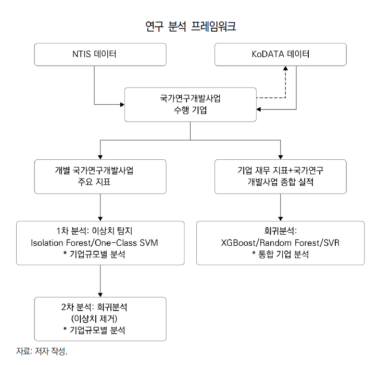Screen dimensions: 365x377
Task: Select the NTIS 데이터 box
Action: pos(100,55)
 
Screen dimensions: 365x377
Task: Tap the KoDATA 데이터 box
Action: pos(281,55)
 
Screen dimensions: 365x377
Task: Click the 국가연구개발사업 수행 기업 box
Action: pos(190,104)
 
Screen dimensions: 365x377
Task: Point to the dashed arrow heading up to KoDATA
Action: pos(285,83)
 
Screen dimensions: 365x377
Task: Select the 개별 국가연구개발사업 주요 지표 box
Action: pos(100,177)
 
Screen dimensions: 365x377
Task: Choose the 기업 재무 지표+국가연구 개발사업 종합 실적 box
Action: pos(281,177)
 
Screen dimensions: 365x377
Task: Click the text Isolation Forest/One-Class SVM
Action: pos(100,243)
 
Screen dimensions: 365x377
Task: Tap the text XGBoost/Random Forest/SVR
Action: pos(281,243)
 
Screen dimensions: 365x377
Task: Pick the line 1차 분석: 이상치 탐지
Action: pos(100,231)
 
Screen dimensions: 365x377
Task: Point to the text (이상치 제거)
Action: pos(100,319)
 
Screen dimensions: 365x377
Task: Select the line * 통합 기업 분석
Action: pos(281,254)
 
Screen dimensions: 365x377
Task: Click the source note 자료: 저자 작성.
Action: pos(42,351)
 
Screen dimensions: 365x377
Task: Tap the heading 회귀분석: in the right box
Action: pos(281,231)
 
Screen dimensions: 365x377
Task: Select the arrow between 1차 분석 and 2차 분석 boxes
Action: pos(100,281)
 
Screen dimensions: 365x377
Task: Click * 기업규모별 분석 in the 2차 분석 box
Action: pos(100,330)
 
